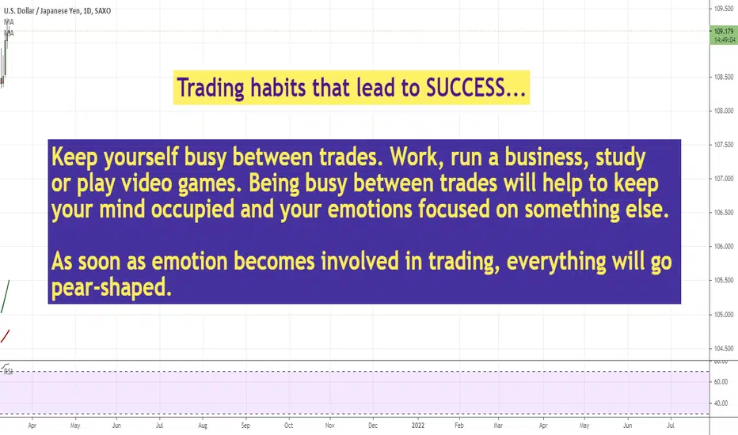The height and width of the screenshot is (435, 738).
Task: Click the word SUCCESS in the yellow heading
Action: point(465,88)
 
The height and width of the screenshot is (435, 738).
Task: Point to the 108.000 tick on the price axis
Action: point(724,111)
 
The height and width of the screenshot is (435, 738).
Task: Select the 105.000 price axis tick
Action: point(724,315)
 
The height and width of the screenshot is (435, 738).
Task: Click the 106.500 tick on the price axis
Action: point(724,213)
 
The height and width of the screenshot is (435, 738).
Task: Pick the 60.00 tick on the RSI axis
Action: point(721,382)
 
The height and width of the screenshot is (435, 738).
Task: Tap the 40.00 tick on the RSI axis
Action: point(721,403)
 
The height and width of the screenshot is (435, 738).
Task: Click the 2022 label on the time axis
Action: point(418,426)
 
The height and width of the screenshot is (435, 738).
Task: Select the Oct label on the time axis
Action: point(288,426)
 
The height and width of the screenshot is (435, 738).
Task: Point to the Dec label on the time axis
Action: point(373,426)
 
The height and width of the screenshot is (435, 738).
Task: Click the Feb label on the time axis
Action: point(459,426)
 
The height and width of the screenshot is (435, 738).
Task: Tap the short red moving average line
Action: point(6,336)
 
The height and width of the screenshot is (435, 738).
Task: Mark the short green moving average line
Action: point(6,297)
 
